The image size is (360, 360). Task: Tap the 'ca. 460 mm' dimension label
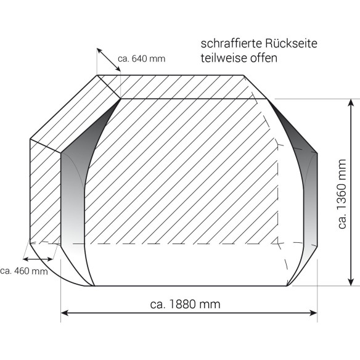[24, 270]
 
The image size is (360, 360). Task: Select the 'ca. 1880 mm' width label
[185, 304]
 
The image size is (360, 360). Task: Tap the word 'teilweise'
[221, 59]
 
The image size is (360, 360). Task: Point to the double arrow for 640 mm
[108, 62]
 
